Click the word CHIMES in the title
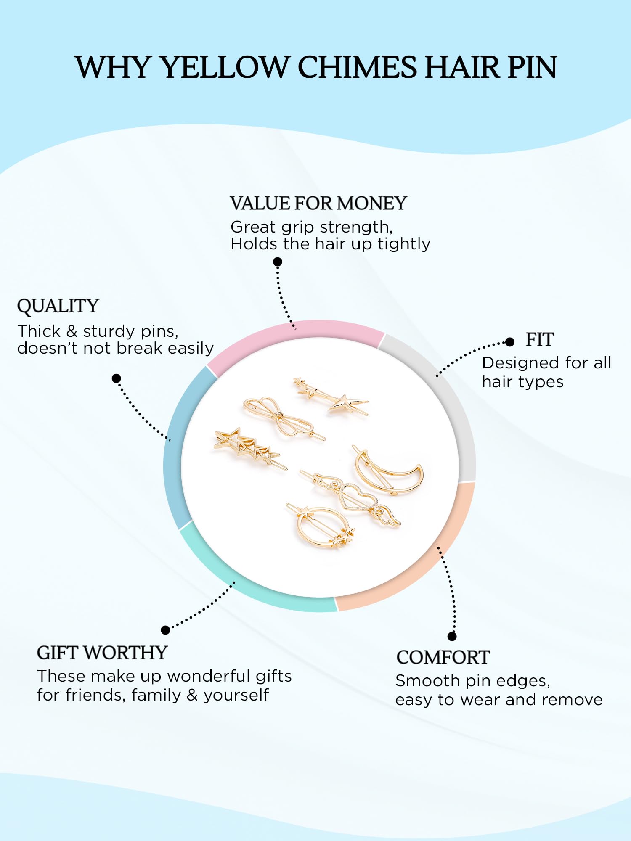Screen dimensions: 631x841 (357, 67)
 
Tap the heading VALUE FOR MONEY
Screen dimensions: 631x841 (318, 204)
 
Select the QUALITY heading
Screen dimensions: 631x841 (58, 306)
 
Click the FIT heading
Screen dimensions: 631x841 (540, 339)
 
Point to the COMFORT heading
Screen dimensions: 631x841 (443, 657)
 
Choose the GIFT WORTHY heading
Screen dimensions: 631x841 (102, 653)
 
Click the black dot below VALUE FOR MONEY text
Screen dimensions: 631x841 (277, 262)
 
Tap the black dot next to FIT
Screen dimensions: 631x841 (510, 342)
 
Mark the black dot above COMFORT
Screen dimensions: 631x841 (452, 636)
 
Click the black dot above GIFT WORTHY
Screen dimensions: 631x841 (166, 630)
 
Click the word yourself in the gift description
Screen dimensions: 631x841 (236, 696)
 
